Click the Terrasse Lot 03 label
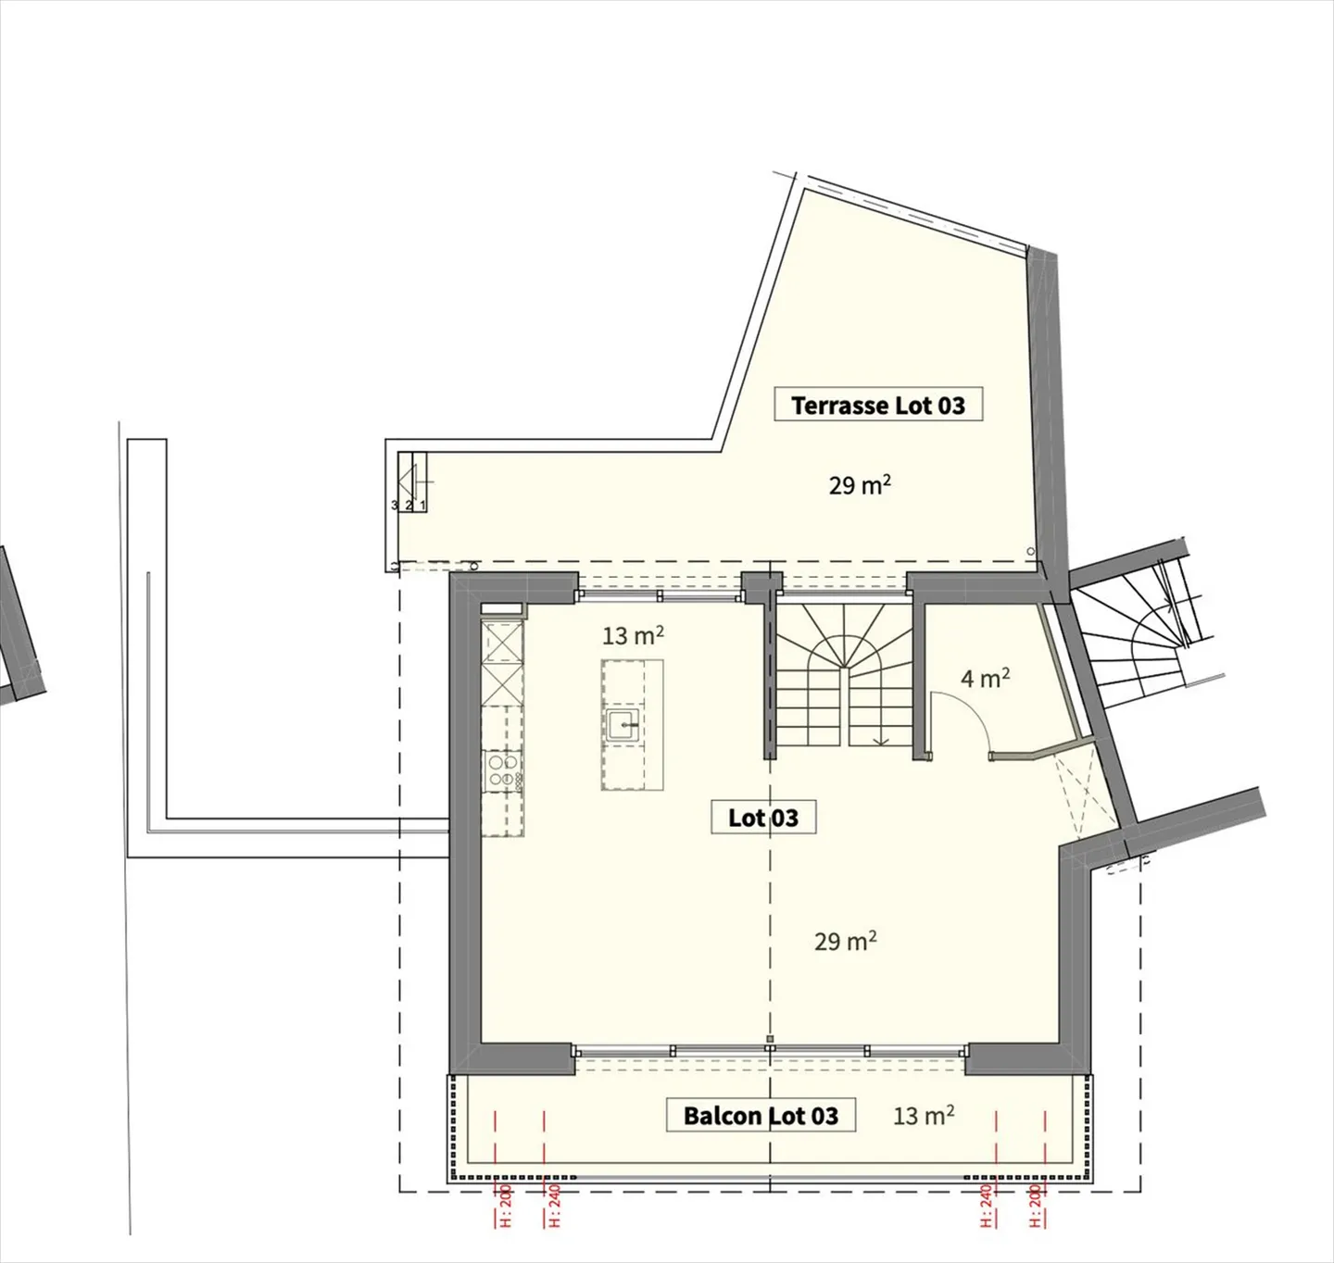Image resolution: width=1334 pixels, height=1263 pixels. point(877,405)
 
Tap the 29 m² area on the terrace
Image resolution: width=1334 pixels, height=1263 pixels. point(859,484)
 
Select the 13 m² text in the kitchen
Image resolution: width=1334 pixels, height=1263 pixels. point(633,636)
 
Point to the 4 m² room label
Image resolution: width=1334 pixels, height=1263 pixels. point(985,679)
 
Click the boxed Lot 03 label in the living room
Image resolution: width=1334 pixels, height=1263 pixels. point(763,818)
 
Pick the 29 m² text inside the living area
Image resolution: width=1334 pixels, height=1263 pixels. point(845,942)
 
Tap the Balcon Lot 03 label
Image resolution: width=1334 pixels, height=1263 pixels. point(761,1116)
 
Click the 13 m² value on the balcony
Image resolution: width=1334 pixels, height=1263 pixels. point(923,1116)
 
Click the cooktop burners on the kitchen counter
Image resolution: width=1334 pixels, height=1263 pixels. point(501,770)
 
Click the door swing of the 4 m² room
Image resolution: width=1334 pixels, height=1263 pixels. point(963,722)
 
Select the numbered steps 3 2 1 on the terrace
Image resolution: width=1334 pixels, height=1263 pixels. point(409,505)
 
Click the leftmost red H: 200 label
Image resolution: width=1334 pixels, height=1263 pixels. point(506,1205)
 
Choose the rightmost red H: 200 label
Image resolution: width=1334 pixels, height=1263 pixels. point(1036,1205)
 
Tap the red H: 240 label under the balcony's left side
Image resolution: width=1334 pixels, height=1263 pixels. point(555,1205)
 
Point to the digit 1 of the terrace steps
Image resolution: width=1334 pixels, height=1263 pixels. point(423,505)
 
